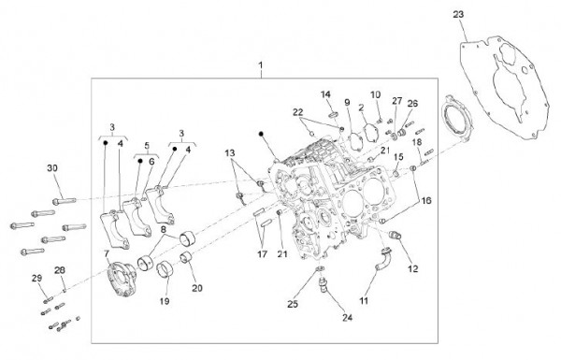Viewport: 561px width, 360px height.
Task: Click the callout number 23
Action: tap(483, 14)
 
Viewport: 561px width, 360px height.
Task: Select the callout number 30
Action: tap(51, 167)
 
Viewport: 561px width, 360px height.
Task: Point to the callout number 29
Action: tap(37, 279)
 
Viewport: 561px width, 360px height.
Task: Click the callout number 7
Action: tap(107, 254)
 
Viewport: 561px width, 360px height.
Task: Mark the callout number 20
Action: tap(196, 288)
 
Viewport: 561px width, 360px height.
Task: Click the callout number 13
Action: tap(230, 152)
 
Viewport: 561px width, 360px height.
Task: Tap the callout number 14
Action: tap(326, 94)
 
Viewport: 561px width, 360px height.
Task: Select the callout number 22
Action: tap(296, 112)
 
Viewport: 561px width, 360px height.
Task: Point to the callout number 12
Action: tap(412, 269)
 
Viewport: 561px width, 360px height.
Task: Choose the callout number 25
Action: tap(292, 305)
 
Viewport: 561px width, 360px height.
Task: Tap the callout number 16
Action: tap(426, 200)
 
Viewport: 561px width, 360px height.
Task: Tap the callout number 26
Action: tap(412, 104)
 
